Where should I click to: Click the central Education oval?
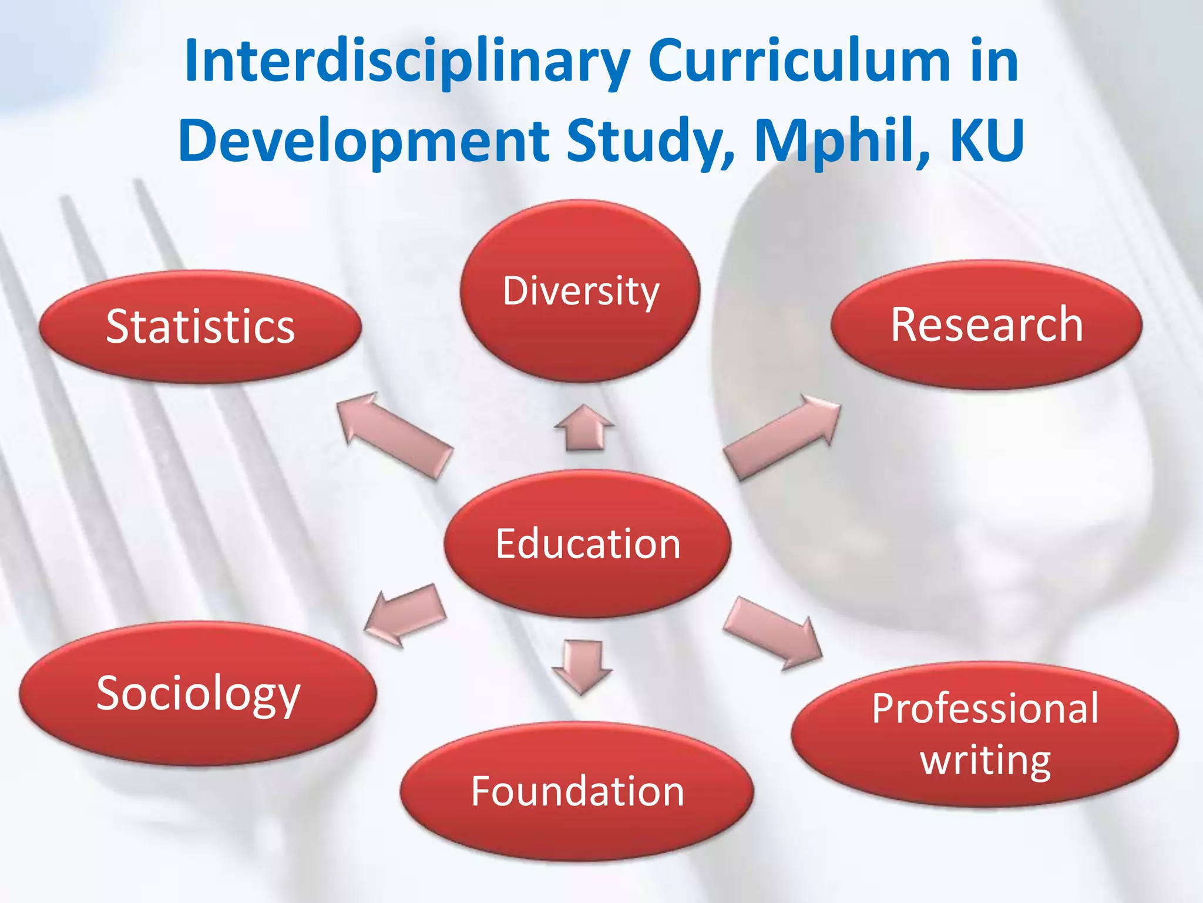click(x=587, y=544)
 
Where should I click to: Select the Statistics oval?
click(x=200, y=327)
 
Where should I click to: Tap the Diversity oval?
click(x=580, y=292)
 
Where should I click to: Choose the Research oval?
click(x=986, y=325)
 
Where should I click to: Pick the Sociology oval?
click(x=198, y=694)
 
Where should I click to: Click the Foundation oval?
click(x=577, y=791)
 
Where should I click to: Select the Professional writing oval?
click(x=984, y=735)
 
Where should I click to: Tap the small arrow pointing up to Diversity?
click(x=584, y=428)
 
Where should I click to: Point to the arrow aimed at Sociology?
click(x=405, y=615)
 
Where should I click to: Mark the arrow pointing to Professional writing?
click(x=773, y=633)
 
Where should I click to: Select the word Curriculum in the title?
click(x=799, y=61)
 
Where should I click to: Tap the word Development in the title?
click(x=364, y=141)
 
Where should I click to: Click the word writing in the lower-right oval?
click(x=985, y=761)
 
